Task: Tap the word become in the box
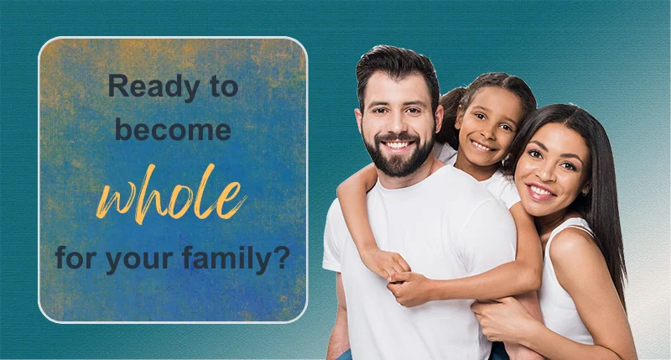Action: pos(173,130)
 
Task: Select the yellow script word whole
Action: pos(172,194)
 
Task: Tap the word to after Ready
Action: pos(223,87)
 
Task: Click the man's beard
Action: pos(398,154)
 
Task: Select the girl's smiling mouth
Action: pos(483,146)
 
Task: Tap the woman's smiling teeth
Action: pos(541,190)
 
